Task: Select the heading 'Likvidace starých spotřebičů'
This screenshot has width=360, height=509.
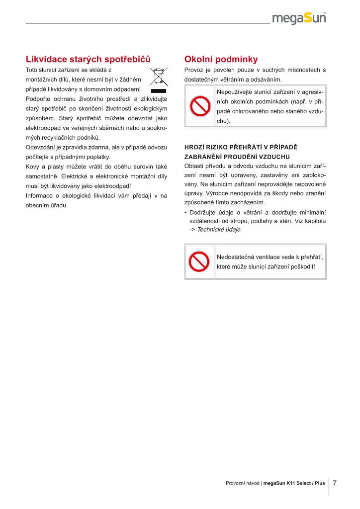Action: click(x=88, y=60)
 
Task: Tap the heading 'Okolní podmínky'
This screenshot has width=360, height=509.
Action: click(x=221, y=60)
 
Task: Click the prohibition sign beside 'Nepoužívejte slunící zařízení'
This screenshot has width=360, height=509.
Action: click(x=199, y=106)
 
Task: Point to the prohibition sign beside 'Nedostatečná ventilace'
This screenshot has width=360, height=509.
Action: click(x=199, y=261)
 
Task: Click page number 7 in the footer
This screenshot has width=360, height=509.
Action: click(x=335, y=483)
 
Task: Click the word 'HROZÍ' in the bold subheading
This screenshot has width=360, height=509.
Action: click(x=194, y=148)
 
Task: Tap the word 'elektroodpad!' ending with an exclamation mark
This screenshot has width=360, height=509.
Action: click(x=112, y=186)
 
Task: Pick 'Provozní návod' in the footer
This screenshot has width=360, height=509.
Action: click(x=242, y=483)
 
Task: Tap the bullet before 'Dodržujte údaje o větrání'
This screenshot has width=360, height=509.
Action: click(x=185, y=212)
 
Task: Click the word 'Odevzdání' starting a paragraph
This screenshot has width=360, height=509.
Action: click(x=40, y=148)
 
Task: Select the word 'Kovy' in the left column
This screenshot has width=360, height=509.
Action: click(x=31, y=167)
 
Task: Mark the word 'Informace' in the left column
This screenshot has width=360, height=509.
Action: click(x=38, y=195)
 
